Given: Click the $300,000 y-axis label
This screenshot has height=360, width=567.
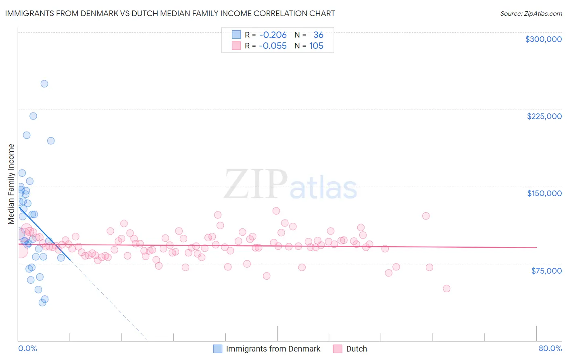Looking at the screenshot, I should tap(543, 39).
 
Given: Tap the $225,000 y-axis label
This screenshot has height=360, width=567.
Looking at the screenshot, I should tap(544, 116).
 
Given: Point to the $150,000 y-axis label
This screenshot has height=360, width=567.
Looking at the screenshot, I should tap(544, 193).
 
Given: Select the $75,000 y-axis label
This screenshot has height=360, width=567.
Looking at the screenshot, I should tap(546, 271).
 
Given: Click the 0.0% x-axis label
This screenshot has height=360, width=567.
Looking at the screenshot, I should tap(27, 348).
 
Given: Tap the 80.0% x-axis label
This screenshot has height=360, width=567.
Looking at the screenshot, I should tap(550, 348).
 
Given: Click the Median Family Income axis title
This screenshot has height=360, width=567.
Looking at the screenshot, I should tap(11, 184).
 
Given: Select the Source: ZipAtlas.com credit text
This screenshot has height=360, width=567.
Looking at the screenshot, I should tap(531, 14).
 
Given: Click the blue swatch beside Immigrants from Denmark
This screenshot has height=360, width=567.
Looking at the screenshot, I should tap(218, 349).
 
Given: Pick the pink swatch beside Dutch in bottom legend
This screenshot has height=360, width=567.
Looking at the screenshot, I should tap(338, 349).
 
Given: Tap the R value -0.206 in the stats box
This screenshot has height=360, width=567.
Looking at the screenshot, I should tap(273, 35).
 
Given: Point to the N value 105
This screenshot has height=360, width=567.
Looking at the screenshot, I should tap(316, 46).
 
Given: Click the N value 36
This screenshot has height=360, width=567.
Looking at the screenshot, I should tap(318, 35).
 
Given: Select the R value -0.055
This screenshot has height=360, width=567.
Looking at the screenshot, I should tap(273, 46).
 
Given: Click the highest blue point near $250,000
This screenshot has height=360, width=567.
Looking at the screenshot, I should tap(44, 84).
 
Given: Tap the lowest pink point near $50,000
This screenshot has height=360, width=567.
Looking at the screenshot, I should tap(446, 289).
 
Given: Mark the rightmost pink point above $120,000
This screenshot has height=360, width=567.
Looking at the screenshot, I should tap(426, 216).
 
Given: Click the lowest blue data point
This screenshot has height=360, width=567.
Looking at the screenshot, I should tap(42, 302).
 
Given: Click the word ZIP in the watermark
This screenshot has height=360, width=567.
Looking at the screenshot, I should tap(255, 185).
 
